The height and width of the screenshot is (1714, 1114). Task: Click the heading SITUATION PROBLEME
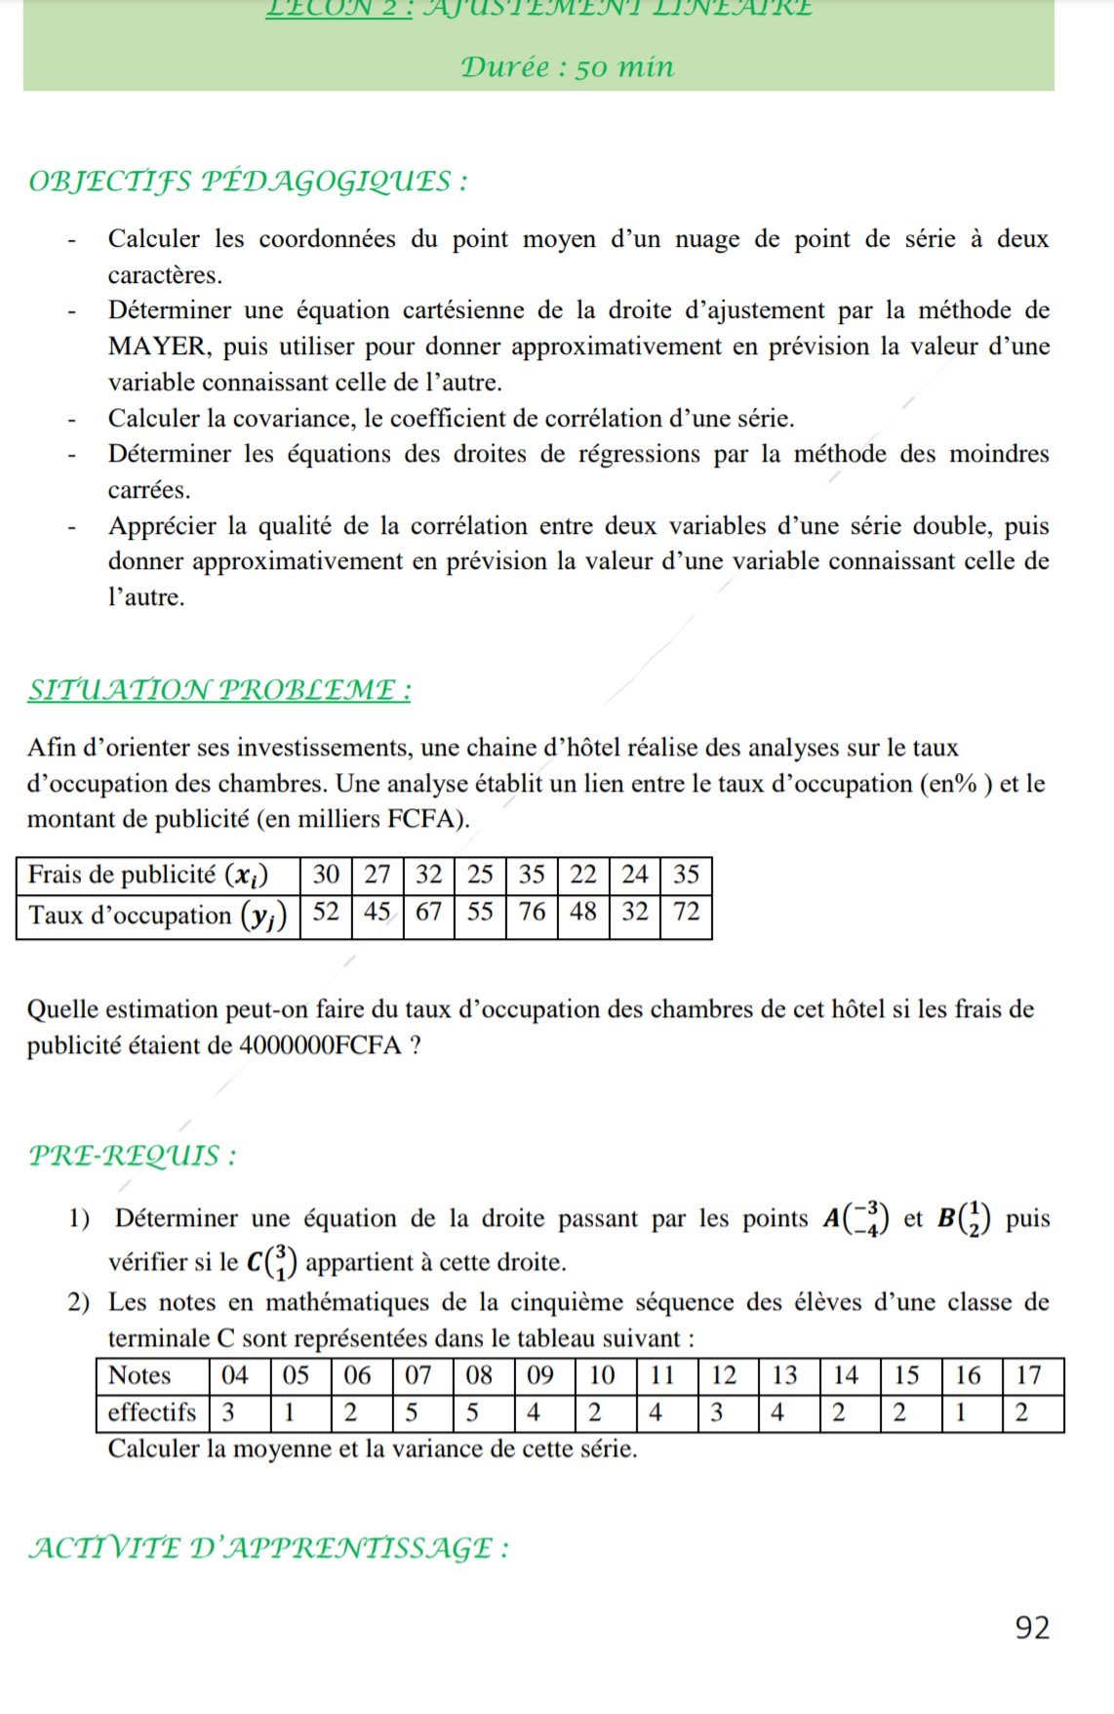tap(219, 690)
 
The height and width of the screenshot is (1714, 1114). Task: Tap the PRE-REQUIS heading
tap(132, 1156)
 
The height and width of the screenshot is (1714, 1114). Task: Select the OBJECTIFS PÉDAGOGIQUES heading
tap(248, 182)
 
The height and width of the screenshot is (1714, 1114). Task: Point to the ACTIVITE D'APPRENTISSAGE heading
tap(268, 1548)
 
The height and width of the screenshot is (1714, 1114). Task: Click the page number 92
tap(1032, 1627)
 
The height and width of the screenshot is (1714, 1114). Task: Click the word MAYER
tap(157, 347)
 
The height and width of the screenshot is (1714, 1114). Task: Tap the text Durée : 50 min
tap(567, 67)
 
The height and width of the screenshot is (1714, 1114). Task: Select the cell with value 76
tap(532, 912)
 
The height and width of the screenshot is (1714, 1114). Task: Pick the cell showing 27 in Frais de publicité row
tap(378, 874)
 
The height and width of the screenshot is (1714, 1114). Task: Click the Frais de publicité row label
tap(148, 875)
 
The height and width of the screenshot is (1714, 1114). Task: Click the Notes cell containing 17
tap(1028, 1375)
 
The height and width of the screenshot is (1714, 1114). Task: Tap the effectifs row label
tap(152, 1412)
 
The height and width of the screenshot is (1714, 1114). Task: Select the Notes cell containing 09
tap(540, 1375)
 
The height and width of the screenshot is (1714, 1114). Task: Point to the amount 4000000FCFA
tap(320, 1045)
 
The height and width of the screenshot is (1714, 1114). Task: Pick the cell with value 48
tap(582, 912)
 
